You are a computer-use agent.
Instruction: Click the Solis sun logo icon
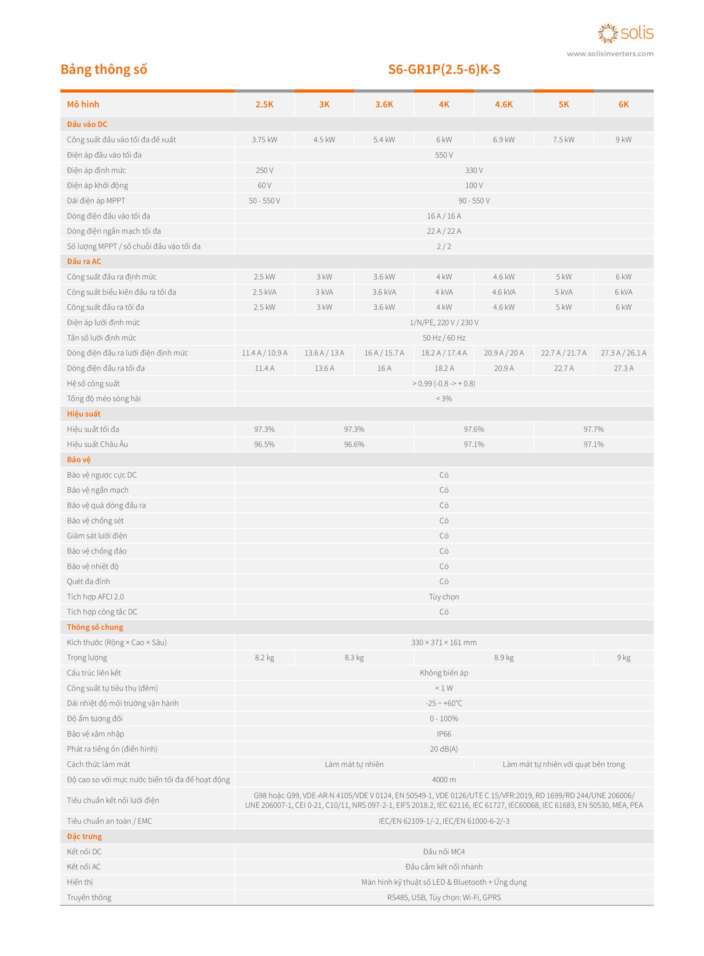[608, 34]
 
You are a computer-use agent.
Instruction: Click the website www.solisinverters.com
[610, 54]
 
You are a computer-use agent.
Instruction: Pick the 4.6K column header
[504, 105]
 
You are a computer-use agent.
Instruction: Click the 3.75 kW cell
[264, 140]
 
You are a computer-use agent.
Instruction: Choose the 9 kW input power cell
[623, 140]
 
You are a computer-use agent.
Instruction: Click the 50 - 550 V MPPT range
[264, 201]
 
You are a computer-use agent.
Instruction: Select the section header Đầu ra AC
[84, 262]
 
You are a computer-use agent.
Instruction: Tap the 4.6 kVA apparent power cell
[504, 292]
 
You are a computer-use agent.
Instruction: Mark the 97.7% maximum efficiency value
[593, 429]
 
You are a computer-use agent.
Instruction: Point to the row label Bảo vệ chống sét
[95, 521]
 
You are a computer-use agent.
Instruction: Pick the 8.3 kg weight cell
[354, 658]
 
